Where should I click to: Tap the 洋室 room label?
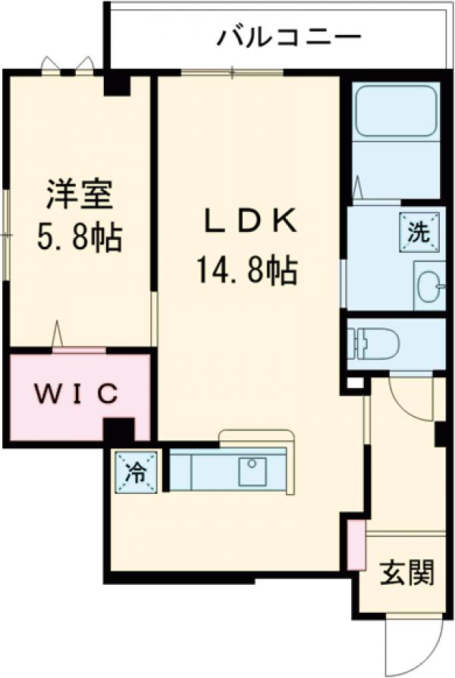[80, 195]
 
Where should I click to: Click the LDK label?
[247, 221]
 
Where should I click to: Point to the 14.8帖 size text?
[247, 270]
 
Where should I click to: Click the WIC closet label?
[77, 393]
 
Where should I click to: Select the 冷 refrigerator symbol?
[137, 473]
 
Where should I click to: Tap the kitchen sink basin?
[252, 471]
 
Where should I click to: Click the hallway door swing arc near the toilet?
[409, 400]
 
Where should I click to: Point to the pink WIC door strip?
[79, 350]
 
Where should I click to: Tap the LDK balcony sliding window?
[232, 73]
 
